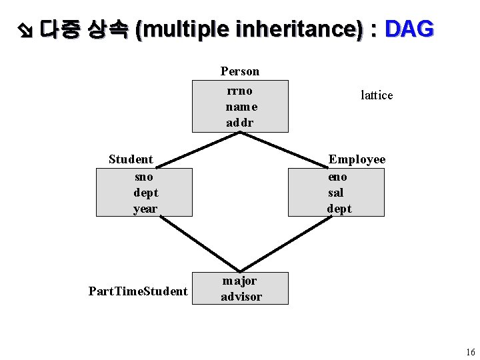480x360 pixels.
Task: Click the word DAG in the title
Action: pyautogui.click(x=409, y=29)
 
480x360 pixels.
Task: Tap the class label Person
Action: pyautogui.click(x=240, y=71)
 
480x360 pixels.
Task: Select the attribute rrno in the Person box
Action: pyautogui.click(x=240, y=91)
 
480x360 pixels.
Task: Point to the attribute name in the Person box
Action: pyautogui.click(x=241, y=107)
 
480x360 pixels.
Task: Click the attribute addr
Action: pyautogui.click(x=240, y=123)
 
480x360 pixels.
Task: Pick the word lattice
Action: pyautogui.click(x=377, y=95)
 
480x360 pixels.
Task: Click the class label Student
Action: pyautogui.click(x=131, y=159)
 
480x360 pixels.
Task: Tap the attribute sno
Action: pyautogui.click(x=144, y=177)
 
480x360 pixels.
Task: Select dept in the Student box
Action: pyautogui.click(x=145, y=193)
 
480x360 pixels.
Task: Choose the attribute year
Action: pyautogui.click(x=145, y=209)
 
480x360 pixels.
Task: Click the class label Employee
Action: pyautogui.click(x=357, y=159)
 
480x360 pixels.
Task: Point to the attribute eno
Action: pyautogui.click(x=337, y=177)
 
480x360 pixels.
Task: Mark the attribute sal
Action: pyautogui.click(x=335, y=193)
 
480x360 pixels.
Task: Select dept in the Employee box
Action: pyautogui.click(x=339, y=209)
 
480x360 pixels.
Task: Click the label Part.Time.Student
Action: pyautogui.click(x=138, y=291)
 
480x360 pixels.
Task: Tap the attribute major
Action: pyautogui.click(x=239, y=281)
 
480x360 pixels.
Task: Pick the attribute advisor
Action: pyautogui.click(x=241, y=297)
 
